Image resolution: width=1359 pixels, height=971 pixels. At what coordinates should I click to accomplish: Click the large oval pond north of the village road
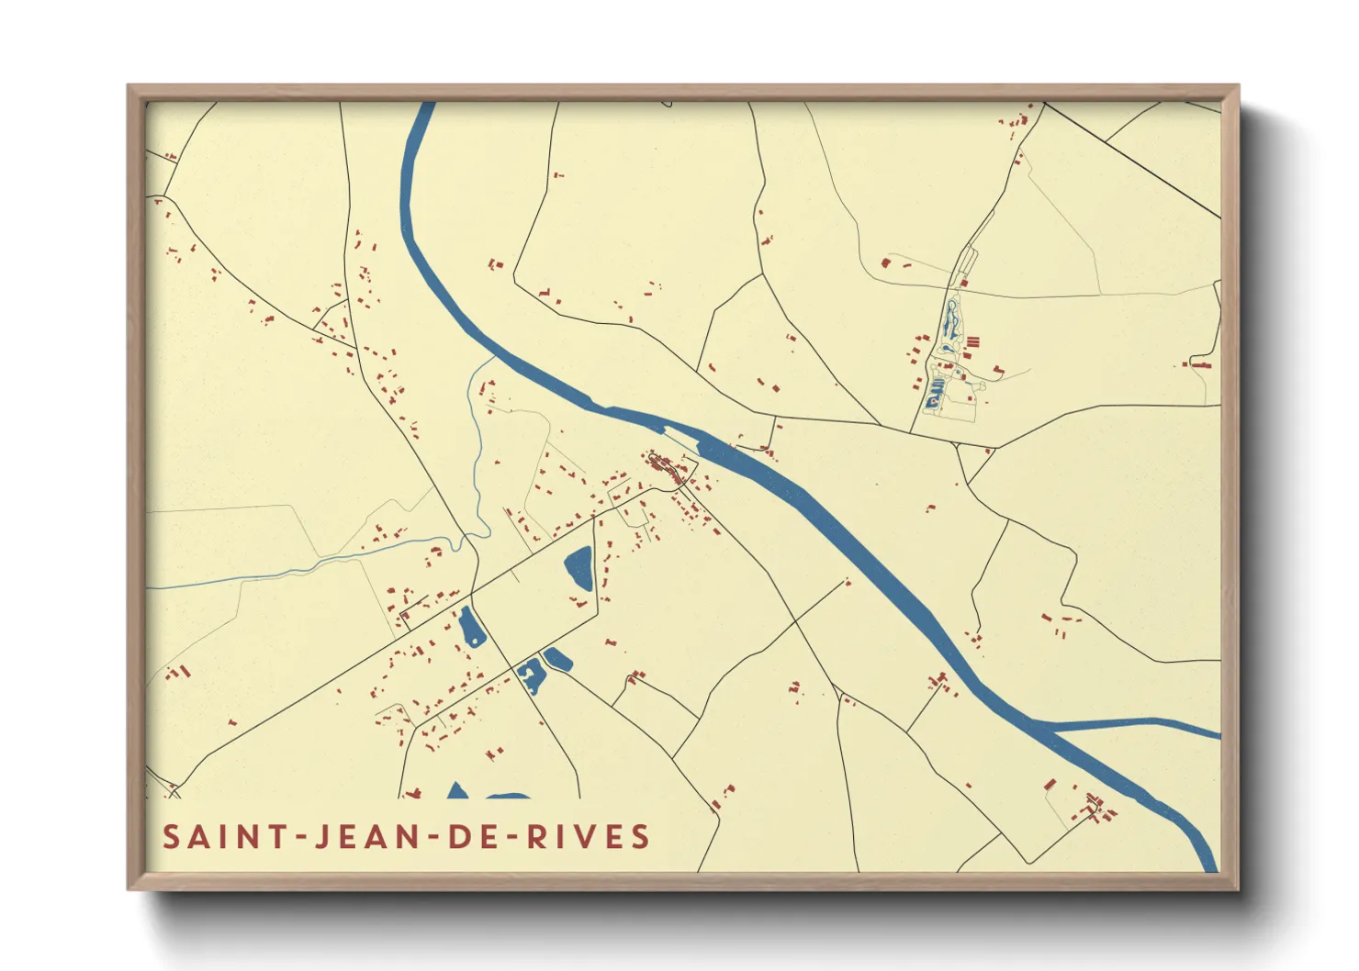(x=578, y=568)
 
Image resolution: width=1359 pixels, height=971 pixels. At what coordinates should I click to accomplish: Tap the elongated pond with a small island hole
(x=470, y=628)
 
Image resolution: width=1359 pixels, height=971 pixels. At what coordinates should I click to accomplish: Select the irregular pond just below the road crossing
(x=531, y=677)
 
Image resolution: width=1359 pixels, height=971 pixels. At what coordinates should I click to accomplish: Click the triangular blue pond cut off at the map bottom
(x=456, y=792)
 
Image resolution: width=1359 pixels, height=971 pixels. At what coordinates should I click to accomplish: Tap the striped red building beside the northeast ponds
(x=972, y=342)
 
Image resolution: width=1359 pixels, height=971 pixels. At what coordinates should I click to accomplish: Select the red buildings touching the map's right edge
(x=1203, y=365)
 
